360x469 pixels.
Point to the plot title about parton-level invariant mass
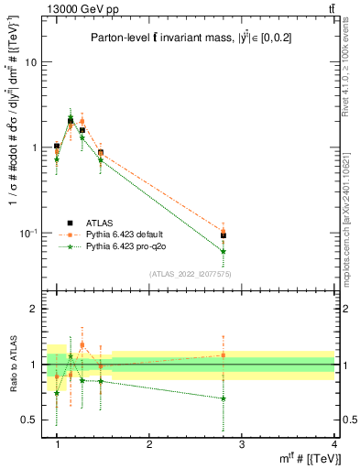click(191, 38)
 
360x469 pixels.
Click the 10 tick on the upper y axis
click(30, 62)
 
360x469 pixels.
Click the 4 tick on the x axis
click(333, 444)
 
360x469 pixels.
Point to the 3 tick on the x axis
click(241, 444)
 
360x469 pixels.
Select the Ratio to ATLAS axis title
click(11, 365)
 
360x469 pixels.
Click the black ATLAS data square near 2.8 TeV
click(224, 235)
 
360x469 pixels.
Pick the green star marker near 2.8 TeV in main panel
click(224, 251)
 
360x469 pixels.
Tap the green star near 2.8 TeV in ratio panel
click(224, 398)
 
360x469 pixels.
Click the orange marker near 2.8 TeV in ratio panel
click(224, 354)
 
